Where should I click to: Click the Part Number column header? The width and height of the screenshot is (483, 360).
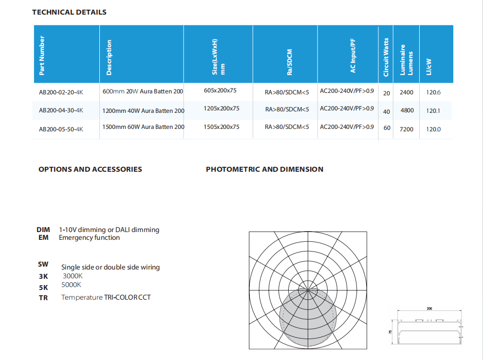(x=42, y=55)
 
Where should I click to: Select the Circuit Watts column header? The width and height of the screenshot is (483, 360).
(x=386, y=57)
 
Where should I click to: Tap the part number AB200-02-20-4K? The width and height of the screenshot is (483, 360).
(x=61, y=91)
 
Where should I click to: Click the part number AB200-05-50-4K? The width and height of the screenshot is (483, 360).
(x=61, y=129)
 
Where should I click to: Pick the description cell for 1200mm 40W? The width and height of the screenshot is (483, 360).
(x=143, y=110)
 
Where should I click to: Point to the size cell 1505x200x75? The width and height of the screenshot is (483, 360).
(x=222, y=127)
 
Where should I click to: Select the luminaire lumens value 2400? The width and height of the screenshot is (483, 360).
(x=407, y=92)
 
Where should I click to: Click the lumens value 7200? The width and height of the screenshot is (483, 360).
(x=407, y=129)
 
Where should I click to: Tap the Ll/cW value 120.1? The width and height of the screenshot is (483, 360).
(x=433, y=110)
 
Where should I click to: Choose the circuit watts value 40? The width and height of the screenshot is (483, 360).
(x=387, y=111)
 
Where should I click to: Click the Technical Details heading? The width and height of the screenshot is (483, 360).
(x=69, y=12)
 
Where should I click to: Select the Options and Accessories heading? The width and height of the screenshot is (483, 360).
(x=90, y=169)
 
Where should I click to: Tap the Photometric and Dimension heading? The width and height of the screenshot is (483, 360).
(x=264, y=169)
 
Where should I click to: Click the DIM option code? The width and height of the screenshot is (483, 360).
(x=43, y=230)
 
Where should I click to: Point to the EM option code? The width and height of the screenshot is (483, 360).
(x=43, y=238)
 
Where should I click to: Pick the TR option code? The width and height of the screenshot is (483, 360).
(x=43, y=298)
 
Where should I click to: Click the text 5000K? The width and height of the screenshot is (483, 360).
(x=72, y=285)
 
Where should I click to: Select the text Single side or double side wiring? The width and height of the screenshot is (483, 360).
(x=111, y=267)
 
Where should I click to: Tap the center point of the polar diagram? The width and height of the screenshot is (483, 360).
(x=308, y=290)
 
